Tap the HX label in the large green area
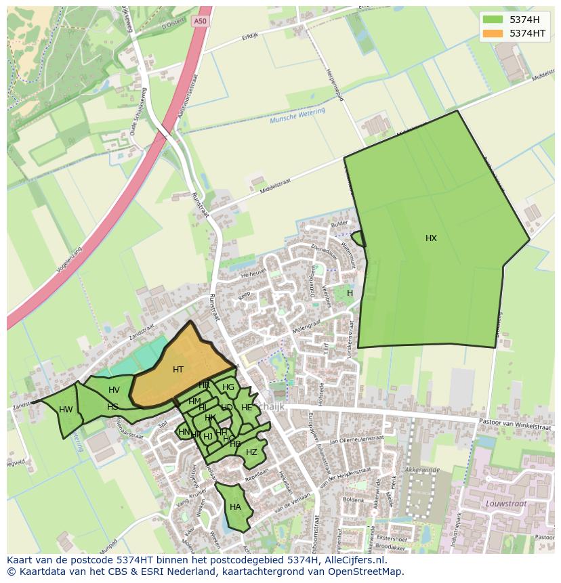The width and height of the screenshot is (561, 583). (x=431, y=238)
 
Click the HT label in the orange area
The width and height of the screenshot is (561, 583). (x=178, y=370)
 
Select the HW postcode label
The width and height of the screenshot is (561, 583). (x=66, y=410)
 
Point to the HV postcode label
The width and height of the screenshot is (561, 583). (x=114, y=390)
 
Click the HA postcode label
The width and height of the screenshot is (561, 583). (x=235, y=507)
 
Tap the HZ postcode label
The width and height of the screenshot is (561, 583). (x=251, y=452)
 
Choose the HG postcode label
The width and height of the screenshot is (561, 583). (x=228, y=387)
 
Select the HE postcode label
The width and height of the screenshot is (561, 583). (x=247, y=408)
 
